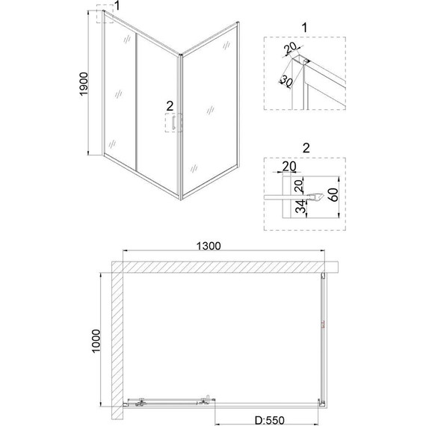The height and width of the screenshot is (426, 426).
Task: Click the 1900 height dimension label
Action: pos(84,84)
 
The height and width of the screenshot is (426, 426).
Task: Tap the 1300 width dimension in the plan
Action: pos(209,246)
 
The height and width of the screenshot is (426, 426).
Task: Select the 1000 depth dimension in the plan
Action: pos(96,341)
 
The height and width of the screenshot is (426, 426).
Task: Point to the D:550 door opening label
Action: pos(270,420)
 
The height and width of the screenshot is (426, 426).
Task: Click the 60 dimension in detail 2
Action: pos(334,195)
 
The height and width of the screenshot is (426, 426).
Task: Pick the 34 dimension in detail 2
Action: pos(300,206)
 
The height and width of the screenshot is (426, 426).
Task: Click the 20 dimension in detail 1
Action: pos(291,48)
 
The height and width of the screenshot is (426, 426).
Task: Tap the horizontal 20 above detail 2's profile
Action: pos(289,166)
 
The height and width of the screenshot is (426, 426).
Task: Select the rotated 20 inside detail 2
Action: pos(299,186)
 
